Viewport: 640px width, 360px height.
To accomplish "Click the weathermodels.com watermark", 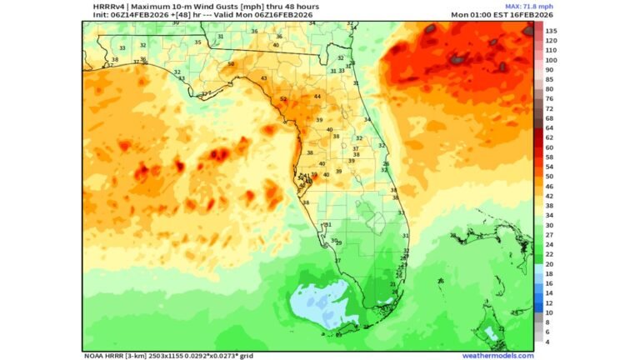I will pos(497,356).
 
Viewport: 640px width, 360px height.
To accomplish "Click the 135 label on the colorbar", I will pos(551,31).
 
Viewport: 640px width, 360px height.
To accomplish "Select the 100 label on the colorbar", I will pos(551,60).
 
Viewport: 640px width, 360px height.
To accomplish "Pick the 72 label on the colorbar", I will pos(550,108).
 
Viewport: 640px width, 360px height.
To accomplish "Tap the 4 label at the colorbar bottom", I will pos(547,342).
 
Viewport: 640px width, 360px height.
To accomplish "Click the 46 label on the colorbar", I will pos(550,187).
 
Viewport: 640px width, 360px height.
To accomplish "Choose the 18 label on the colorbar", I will pos(550,273).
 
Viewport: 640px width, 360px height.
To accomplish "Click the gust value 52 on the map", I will pos(283,99).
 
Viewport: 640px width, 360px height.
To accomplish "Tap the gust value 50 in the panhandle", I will pos(231,64).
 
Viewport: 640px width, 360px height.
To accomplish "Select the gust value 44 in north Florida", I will pos(317,97).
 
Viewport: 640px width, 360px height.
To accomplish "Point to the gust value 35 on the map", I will pos(197,42).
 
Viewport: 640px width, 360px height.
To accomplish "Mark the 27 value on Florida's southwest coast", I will pos(337,261).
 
